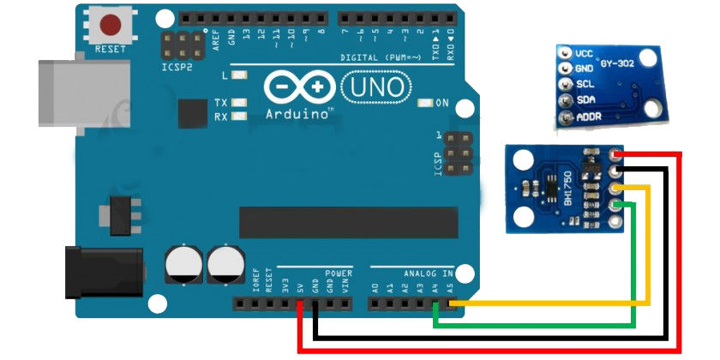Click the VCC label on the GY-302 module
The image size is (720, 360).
click(585, 53)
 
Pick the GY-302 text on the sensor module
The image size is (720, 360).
click(619, 65)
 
